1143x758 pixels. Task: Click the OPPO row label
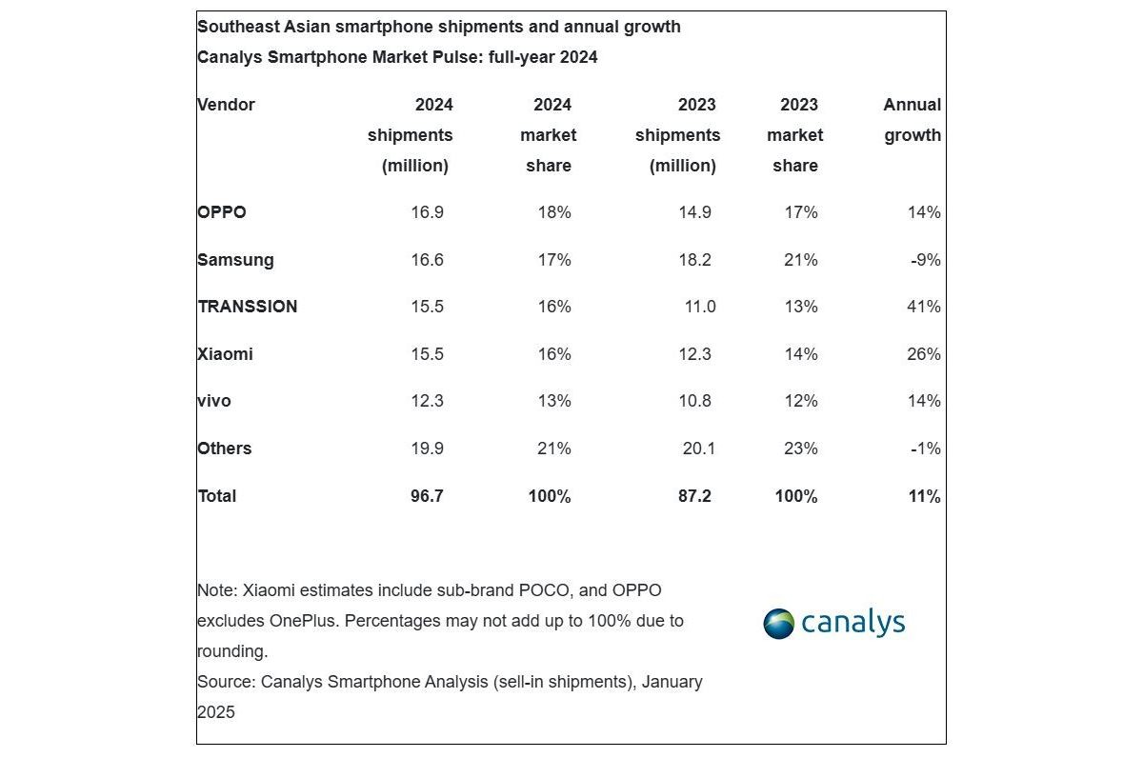[222, 212]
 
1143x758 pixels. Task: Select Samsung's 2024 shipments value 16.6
[426, 260]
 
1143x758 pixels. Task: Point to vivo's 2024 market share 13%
[553, 401]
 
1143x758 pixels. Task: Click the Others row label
[225, 449]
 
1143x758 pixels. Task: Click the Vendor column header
[227, 105]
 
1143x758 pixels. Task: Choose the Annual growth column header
[912, 120]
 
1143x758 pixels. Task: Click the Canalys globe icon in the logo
[778, 624]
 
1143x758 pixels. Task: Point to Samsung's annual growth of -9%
[925, 260]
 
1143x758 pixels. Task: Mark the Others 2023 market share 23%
[800, 449]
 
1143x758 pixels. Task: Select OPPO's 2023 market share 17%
[800, 212]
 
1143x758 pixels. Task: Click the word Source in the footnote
[225, 682]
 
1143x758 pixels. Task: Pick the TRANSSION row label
[248, 307]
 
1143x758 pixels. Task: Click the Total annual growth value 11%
[924, 496]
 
